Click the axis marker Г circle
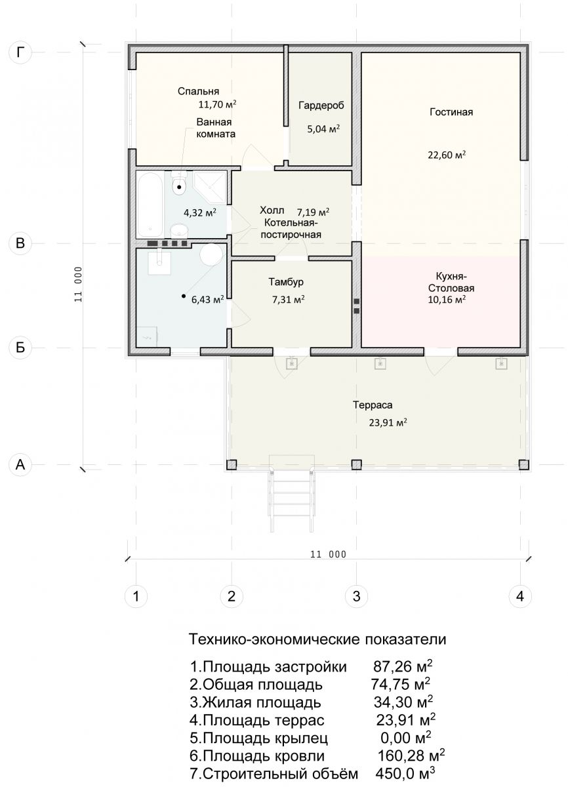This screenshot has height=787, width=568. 20,52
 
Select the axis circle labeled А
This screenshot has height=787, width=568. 20,464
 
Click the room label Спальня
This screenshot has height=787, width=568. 198,91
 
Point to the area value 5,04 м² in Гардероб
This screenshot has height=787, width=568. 323,129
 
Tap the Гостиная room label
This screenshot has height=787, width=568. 451,112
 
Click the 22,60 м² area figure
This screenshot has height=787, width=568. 447,155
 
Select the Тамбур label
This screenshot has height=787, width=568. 286,282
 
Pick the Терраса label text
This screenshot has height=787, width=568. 373,405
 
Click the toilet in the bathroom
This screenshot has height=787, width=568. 179,184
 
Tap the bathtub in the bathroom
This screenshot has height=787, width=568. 150,205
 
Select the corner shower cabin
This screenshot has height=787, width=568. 209,188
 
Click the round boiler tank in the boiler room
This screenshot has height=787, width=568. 211,254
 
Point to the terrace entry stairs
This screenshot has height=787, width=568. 291,500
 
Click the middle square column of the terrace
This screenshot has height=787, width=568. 356,464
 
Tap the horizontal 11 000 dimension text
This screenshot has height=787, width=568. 328,555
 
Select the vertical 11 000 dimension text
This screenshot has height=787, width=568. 78,284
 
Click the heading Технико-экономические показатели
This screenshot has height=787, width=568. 318,639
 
